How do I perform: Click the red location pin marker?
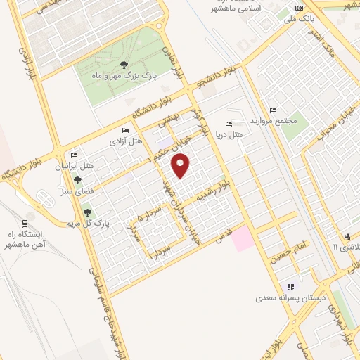181,166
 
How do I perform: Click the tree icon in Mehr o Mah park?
124,64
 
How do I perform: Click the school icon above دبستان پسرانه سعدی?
290,287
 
